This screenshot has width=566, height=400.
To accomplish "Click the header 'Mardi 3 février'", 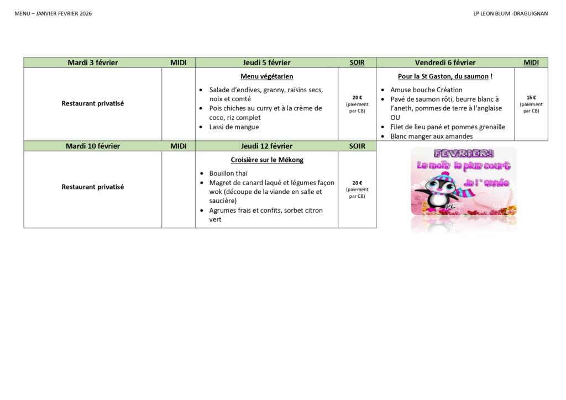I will [93, 62].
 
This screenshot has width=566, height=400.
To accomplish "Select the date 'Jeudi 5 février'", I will [266, 62].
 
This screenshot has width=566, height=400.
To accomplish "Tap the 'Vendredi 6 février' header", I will [445, 62].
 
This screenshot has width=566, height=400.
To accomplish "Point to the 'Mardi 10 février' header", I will [93, 146].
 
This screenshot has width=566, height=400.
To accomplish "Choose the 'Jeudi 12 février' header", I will [266, 146].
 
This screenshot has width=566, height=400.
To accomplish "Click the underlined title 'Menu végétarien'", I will [266, 76].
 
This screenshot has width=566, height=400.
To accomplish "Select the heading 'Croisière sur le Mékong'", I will [266, 160].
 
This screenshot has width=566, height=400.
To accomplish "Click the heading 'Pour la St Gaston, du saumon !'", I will [445, 76].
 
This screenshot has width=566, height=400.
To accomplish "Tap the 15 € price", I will [531, 98].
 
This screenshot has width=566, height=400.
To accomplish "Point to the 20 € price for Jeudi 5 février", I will [357, 98].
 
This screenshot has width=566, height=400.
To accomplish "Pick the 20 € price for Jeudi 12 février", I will [357, 183].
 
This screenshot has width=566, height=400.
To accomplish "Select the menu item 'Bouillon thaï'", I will [228, 173].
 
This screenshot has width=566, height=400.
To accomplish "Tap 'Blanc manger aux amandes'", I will [431, 136].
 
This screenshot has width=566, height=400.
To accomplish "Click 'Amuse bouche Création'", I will [426, 90].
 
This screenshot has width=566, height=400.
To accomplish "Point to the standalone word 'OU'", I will [395, 118].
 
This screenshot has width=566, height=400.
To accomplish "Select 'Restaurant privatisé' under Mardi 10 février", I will [93, 187].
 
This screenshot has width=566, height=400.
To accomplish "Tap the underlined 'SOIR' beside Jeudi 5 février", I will [357, 62].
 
